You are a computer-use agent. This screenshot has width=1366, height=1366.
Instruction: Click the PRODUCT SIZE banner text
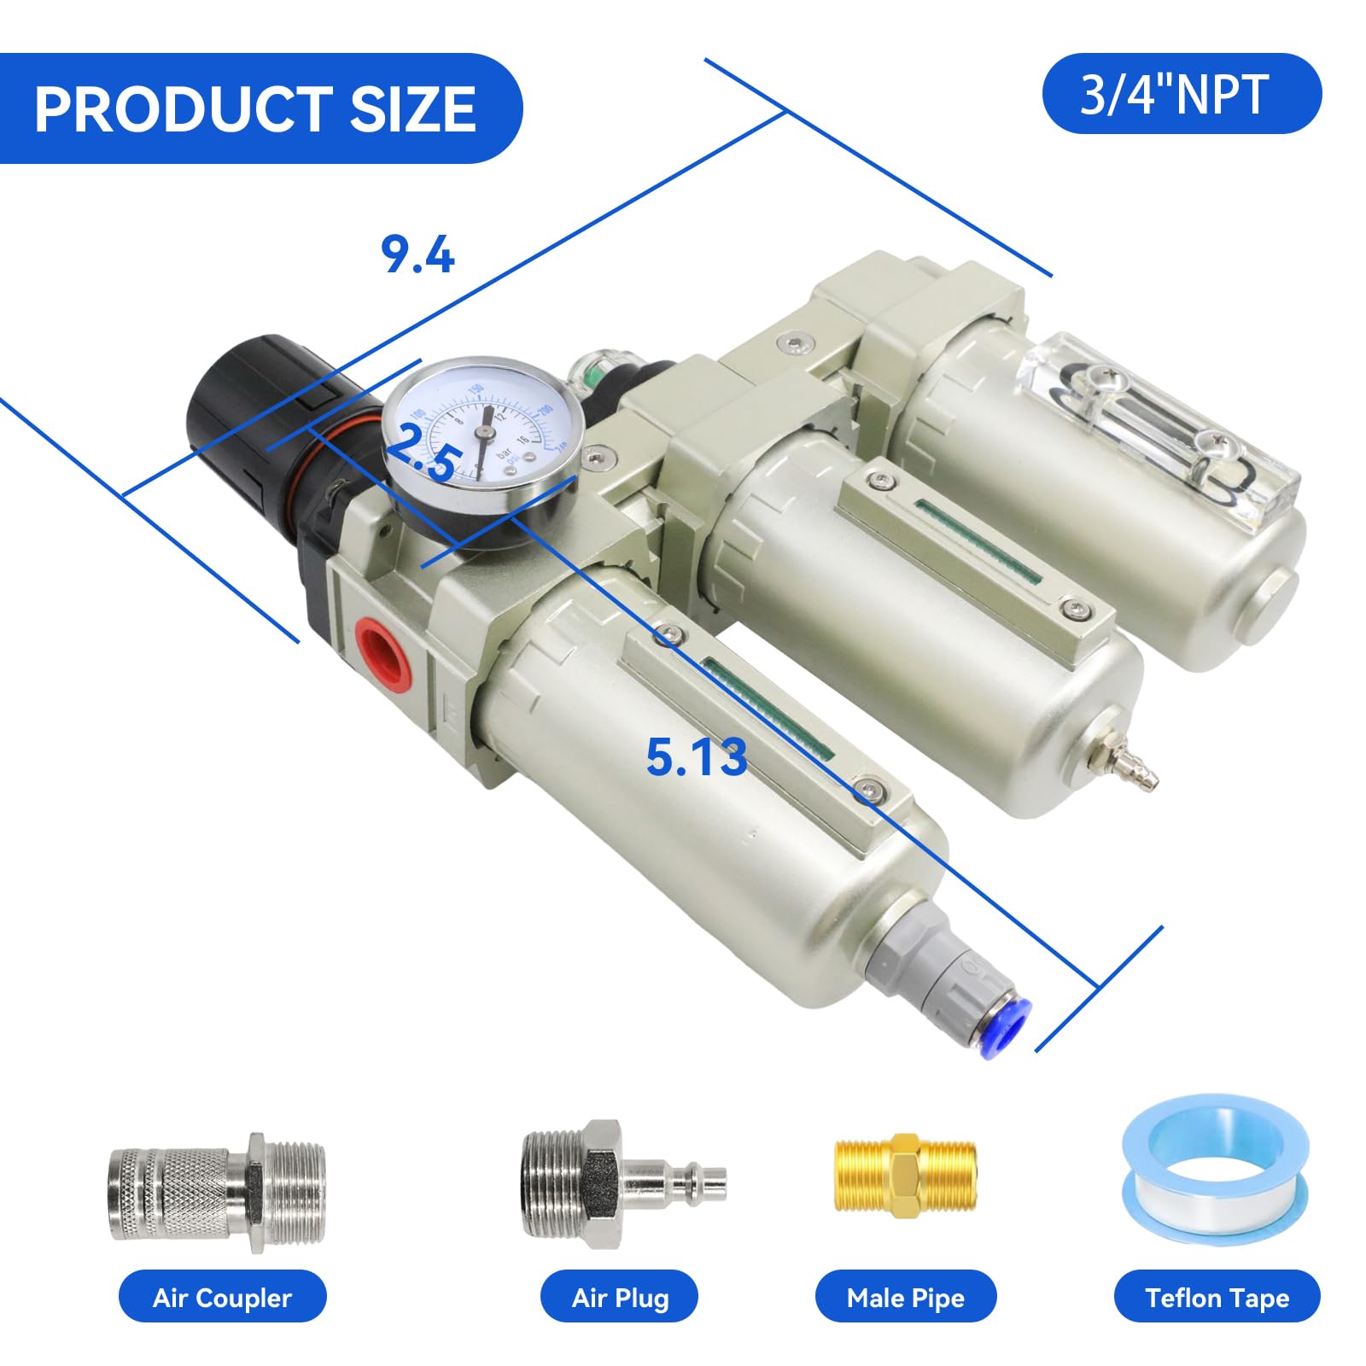pyautogui.click(x=254, y=109)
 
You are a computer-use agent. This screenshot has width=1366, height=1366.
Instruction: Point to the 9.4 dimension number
pyautogui.click(x=417, y=255)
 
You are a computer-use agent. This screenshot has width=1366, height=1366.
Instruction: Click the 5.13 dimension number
pyautogui.click(x=696, y=757)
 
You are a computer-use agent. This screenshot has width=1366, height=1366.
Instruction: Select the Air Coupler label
pyautogui.click(x=222, y=1298)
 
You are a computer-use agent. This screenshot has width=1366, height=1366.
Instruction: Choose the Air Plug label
pyautogui.click(x=620, y=1298)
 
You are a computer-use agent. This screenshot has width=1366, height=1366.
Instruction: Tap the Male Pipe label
pyautogui.click(x=905, y=1298)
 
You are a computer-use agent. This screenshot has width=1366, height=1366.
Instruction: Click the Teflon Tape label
pyautogui.click(x=1217, y=1298)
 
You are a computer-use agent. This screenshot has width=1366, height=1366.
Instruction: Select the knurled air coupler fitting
pyautogui.click(x=215, y=1192)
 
